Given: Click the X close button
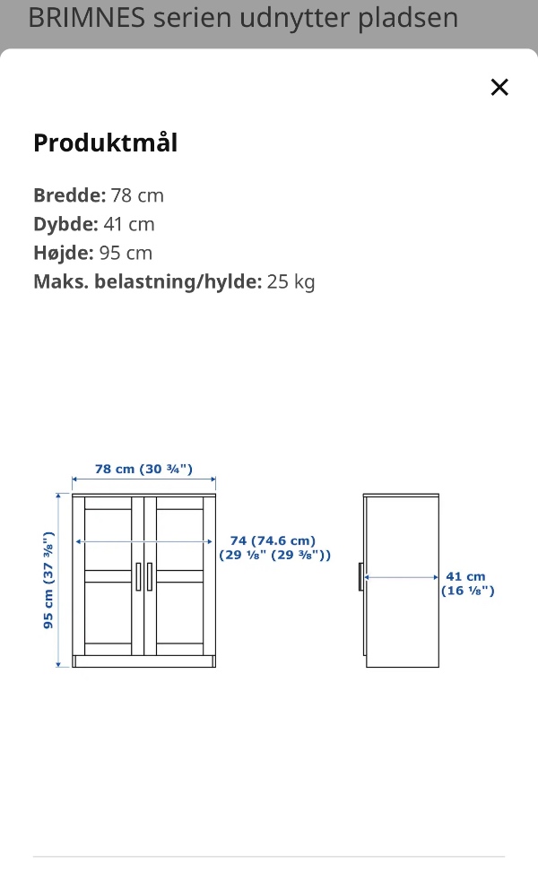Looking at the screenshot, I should [x=499, y=87].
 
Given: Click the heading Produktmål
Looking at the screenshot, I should [x=105, y=143].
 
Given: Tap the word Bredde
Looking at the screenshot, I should [x=69, y=195].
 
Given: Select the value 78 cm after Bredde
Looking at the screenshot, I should [x=137, y=195].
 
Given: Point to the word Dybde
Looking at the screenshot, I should [x=65, y=224].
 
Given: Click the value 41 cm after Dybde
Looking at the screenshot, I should [x=128, y=224].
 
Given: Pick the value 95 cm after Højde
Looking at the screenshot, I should [x=126, y=253].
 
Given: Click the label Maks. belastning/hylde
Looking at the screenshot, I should [x=147, y=281].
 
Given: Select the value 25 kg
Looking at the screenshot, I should [x=291, y=281].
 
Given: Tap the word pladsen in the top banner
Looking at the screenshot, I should [x=408, y=18].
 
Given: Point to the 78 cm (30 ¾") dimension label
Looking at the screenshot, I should [x=143, y=469].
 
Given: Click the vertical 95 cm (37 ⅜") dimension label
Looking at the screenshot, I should [x=49, y=581].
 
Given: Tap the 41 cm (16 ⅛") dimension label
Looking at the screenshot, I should [x=467, y=583].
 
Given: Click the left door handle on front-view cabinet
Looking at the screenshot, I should [x=138, y=576].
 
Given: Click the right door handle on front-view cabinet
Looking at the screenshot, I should [x=150, y=576].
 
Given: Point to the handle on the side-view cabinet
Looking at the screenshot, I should [x=360, y=577].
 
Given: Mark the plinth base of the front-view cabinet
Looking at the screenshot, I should [x=143, y=661].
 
